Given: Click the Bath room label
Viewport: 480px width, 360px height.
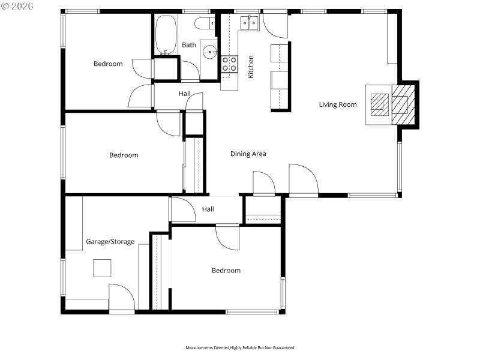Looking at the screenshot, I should [189, 45].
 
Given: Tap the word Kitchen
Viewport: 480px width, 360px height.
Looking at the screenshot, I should [251, 66].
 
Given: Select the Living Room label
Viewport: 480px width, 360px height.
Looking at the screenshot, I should [337, 104].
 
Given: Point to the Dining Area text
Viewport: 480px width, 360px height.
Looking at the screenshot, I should [248, 154].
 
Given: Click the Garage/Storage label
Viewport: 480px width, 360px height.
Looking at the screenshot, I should [110, 242].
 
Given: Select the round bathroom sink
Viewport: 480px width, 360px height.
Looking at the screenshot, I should [209, 52].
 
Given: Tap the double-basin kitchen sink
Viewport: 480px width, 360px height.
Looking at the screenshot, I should [250, 23].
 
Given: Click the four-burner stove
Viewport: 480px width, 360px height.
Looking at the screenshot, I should [229, 64].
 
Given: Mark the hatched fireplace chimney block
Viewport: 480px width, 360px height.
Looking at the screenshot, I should [403, 105].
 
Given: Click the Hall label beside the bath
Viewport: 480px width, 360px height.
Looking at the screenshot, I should [185, 94].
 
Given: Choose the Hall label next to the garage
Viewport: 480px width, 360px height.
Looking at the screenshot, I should [208, 209].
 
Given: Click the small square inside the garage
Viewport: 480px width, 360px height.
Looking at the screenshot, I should [102, 268].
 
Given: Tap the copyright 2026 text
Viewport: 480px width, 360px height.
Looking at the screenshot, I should [17, 6].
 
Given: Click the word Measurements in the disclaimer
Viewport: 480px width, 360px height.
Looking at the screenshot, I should [200, 348].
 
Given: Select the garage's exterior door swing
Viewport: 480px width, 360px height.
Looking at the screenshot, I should [121, 298].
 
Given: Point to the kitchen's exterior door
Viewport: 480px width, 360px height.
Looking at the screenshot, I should [275, 24].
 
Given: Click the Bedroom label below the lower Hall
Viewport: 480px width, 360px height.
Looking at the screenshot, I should [226, 271].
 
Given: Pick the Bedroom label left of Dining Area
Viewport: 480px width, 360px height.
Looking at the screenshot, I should [124, 155].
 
